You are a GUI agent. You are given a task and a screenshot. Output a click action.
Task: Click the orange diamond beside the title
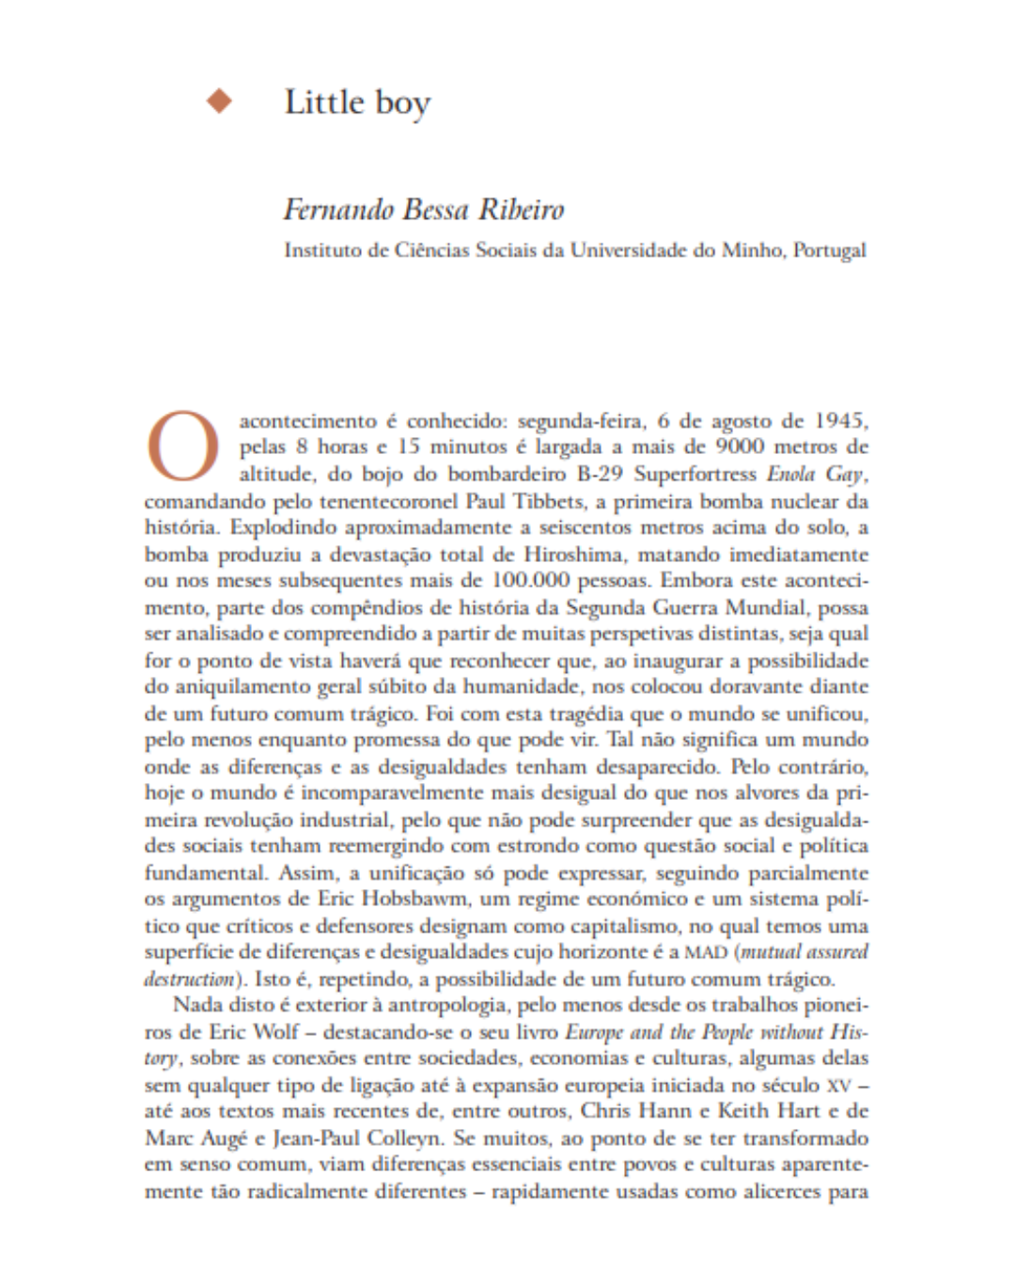coord(220,101)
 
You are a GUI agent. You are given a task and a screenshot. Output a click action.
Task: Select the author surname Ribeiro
coord(522,208)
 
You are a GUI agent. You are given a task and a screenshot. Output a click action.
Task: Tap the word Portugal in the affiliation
coord(830,250)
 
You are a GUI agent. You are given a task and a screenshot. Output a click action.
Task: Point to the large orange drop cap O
coord(182,446)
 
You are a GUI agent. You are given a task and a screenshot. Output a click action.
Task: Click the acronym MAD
coord(706,952)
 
